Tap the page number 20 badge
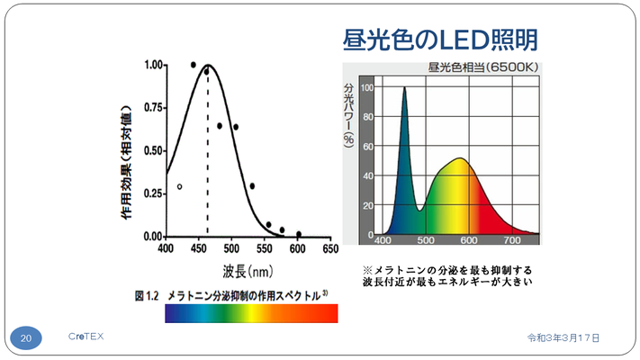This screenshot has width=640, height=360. [x=27, y=337]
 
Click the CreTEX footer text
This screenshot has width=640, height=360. [x=86, y=337]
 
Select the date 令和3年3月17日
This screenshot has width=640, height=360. [x=563, y=337]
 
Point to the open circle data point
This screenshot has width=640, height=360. [x=180, y=186]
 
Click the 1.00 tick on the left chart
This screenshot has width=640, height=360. [x=153, y=66]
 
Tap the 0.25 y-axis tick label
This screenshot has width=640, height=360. [x=153, y=193]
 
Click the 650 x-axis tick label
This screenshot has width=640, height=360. [x=331, y=248]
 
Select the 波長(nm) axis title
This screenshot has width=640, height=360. [x=248, y=269]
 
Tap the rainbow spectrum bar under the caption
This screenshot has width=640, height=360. [x=251, y=313]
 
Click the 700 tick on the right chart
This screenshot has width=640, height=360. [x=513, y=241]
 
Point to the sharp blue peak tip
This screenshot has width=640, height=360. [x=404, y=88]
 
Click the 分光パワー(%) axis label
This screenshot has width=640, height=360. [x=348, y=112]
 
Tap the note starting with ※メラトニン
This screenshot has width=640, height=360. [x=447, y=276]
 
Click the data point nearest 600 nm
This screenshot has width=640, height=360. [x=299, y=234]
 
